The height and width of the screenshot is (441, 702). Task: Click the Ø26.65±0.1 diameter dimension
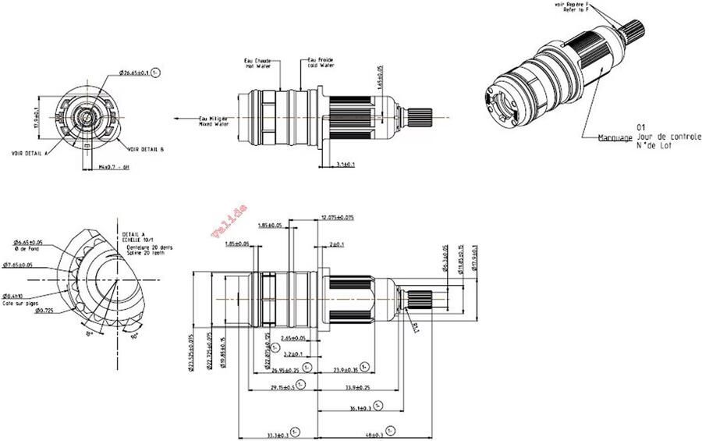coord(134,73)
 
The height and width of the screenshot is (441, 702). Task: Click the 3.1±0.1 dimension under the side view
coord(346,165)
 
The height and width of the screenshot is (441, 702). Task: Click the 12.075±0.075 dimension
coord(337,218)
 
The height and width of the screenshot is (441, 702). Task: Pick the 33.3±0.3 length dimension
coord(277,434)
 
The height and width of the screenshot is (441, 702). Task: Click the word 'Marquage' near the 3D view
coord(614,138)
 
